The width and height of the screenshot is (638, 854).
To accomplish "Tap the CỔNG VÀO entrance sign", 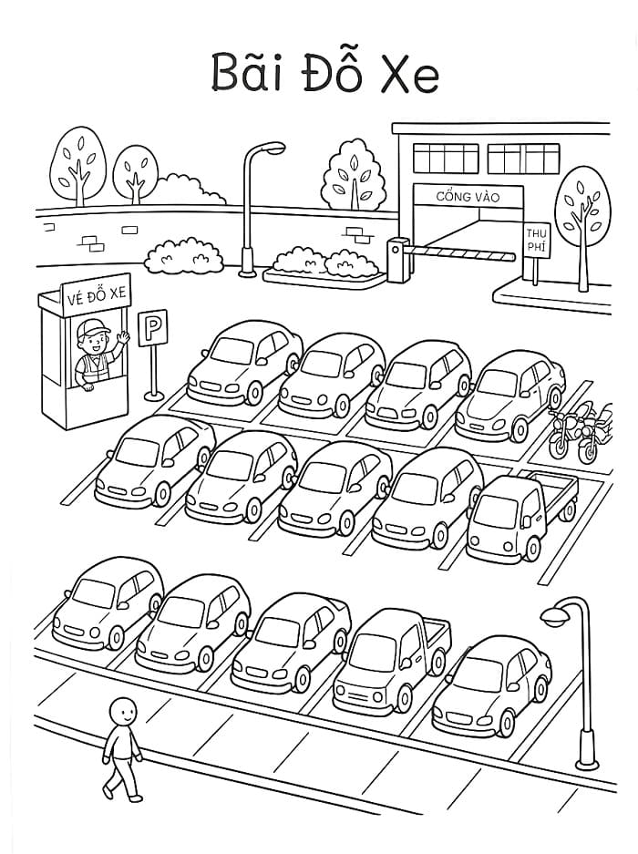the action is point(468,196).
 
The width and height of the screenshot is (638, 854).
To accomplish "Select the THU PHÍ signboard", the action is point(537,241).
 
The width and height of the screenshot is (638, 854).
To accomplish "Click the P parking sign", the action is point(152,327).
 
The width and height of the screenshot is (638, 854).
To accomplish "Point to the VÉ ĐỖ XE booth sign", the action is point(97,295).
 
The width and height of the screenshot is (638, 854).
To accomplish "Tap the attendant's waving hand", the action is point(124,336).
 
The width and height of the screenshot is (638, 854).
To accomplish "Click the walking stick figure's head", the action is point(122,710).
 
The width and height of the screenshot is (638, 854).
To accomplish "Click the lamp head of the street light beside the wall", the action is point(272,148).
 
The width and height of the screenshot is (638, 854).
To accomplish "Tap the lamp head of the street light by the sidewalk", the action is point(555,615).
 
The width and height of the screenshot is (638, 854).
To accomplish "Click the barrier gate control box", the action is point(398,261).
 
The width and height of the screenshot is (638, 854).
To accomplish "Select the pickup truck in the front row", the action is point(391,661).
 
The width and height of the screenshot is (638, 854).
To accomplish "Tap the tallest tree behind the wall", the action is point(78,166).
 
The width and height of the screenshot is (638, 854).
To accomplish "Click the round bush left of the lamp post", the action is point(184,256).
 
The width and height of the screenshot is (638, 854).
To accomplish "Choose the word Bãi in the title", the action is point(247,72).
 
